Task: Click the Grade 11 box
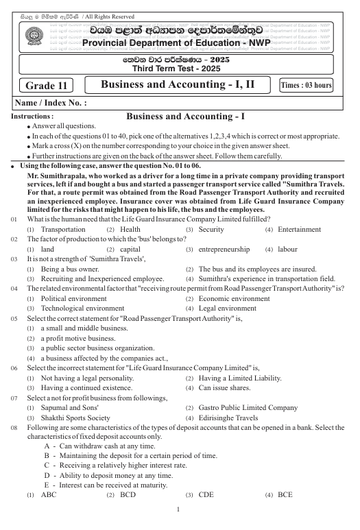pos(46,86)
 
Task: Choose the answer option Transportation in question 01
pos(62,248)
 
